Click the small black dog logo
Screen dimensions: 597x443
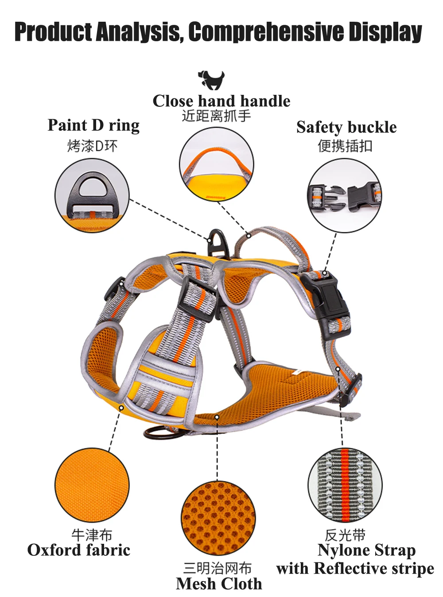(211, 80)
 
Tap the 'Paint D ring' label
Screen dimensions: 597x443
(93, 125)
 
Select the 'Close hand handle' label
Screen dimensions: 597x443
(221, 101)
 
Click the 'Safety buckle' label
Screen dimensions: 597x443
(346, 127)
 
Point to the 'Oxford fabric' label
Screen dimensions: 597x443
(79, 550)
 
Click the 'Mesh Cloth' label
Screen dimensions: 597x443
(219, 584)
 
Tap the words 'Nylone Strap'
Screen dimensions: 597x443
(366, 550)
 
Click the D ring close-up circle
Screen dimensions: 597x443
(92, 195)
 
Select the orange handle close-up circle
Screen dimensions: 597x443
(217, 164)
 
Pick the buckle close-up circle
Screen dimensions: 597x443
(345, 195)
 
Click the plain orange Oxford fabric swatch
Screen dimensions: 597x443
(92, 484)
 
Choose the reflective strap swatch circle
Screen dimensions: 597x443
(345, 484)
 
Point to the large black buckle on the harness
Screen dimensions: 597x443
(330, 301)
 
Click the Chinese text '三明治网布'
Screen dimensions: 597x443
(218, 568)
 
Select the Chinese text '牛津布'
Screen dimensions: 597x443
(92, 535)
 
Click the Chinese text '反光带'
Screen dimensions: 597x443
(345, 535)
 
